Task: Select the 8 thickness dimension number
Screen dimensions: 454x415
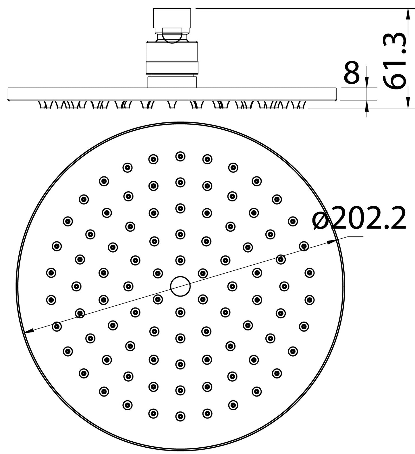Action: coord(352,72)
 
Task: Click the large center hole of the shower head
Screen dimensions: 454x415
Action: coord(180,286)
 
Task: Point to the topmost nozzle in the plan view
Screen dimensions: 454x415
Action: coord(180,156)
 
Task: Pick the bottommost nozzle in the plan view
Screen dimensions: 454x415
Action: coord(180,416)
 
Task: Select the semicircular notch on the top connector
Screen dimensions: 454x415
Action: coord(172,36)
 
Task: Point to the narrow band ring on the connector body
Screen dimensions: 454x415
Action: coord(172,68)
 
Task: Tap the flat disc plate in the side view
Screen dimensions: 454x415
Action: coord(172,94)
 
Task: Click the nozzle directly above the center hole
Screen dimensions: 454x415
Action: coord(180,260)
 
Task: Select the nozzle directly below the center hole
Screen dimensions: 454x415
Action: coord(180,312)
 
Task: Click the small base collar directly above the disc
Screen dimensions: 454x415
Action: coord(172,82)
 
